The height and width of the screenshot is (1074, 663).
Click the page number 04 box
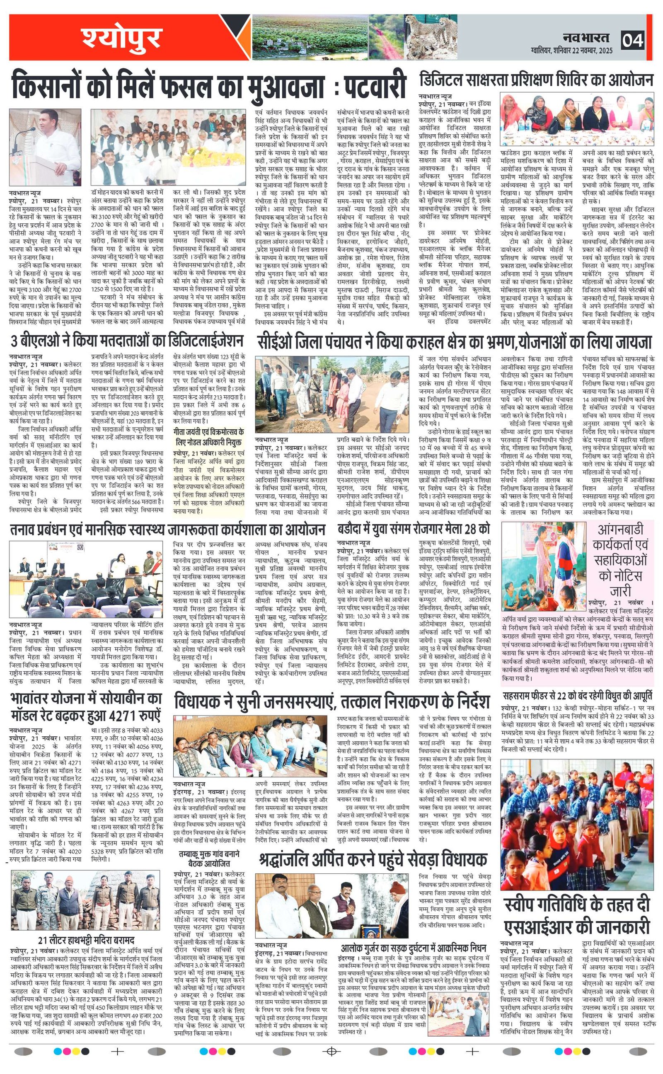pos(632,40)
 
